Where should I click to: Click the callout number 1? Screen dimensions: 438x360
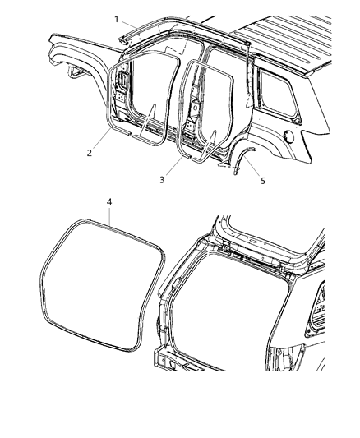(x=117, y=19)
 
